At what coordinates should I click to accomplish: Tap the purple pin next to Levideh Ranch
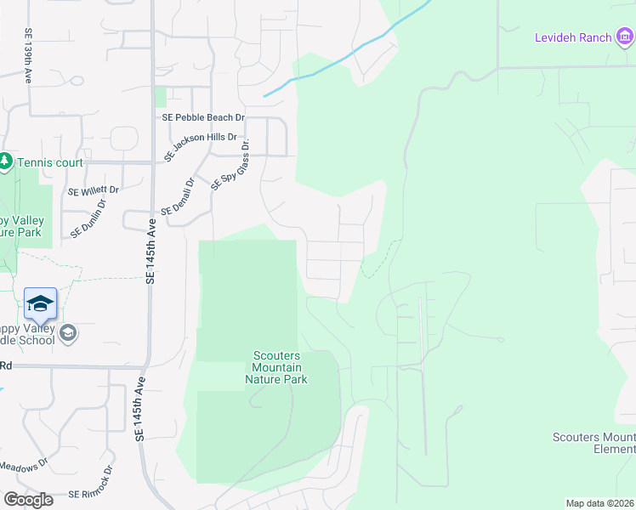[626, 36]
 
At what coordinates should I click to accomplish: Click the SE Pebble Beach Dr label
[204, 117]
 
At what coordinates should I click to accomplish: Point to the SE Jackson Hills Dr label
[201, 148]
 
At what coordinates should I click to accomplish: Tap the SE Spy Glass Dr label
[230, 167]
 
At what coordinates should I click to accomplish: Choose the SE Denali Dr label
[179, 196]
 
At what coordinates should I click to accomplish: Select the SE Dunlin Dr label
[88, 218]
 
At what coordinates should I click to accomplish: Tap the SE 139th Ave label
[28, 55]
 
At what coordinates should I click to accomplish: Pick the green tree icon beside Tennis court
[5, 161]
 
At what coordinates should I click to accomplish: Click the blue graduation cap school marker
[41, 303]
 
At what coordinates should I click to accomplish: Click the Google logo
[28, 499]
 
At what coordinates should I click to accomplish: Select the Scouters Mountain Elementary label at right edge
[593, 443]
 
